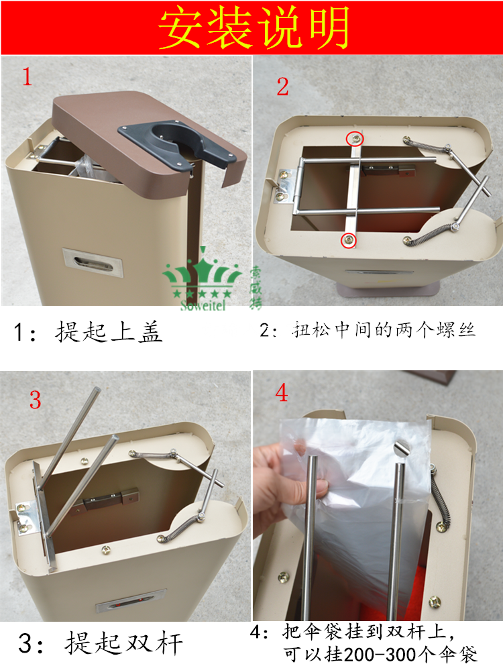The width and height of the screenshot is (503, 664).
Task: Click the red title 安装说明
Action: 254,27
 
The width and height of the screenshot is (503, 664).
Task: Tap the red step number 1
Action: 27,76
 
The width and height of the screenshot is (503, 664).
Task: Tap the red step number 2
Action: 282,87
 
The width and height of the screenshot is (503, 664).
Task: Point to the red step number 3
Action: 35,399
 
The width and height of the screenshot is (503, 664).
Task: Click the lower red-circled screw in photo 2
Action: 349,240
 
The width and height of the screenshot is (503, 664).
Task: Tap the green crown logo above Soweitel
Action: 202,274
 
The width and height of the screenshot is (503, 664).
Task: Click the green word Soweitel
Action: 203,305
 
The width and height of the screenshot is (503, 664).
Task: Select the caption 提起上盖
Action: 109,331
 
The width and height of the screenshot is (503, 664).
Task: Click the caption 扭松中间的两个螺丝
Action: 384,330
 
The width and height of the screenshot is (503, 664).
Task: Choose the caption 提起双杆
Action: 123,643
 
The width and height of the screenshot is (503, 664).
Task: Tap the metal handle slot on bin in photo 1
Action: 93,262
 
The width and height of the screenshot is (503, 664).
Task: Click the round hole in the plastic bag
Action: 400,448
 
